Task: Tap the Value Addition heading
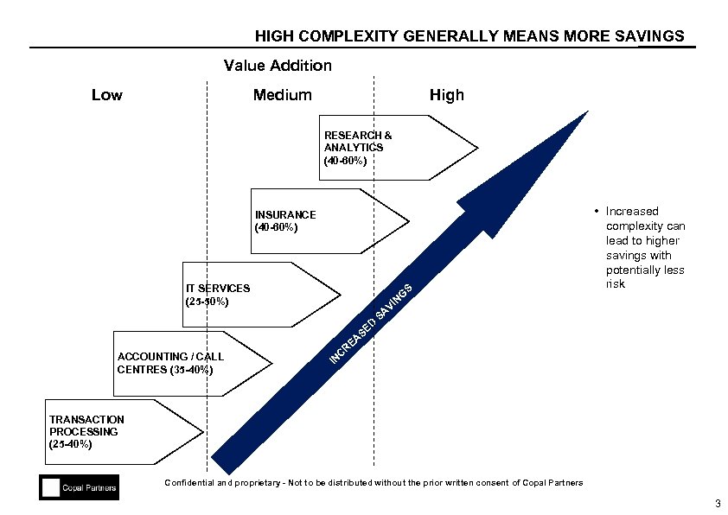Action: (278, 66)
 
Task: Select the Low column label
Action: (107, 95)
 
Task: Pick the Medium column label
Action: (282, 95)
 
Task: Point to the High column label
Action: (447, 95)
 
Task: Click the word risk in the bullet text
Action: (615, 284)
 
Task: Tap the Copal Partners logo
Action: (79, 488)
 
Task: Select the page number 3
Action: (717, 504)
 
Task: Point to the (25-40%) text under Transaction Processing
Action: (70, 443)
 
